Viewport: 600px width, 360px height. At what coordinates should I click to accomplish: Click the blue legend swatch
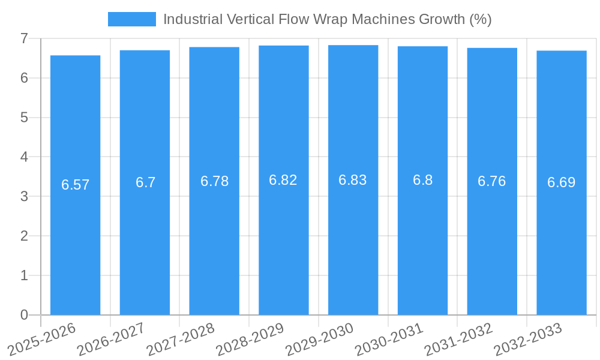[x=131, y=19]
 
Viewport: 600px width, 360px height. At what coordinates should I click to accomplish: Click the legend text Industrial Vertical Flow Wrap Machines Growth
[x=327, y=19]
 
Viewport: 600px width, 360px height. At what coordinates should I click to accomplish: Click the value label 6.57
[x=75, y=185]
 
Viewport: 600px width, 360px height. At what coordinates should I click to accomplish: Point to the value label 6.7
[x=145, y=182]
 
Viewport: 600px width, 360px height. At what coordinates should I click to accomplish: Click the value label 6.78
[x=214, y=181]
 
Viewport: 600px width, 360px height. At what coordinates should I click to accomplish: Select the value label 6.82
[x=283, y=180]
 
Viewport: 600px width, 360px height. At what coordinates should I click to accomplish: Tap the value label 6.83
[x=353, y=180]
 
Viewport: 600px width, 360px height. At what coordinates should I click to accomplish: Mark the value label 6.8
[x=422, y=180]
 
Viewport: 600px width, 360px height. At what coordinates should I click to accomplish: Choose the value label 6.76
[x=491, y=181]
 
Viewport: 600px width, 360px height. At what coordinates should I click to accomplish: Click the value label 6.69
[x=561, y=182]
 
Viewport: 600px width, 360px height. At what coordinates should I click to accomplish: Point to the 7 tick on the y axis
[x=24, y=38]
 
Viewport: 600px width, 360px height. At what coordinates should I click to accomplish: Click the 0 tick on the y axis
[x=24, y=315]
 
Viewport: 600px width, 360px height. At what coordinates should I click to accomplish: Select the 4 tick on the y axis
[x=24, y=157]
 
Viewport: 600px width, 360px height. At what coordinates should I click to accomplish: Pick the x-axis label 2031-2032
[x=458, y=339]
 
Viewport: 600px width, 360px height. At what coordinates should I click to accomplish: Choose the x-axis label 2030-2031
[x=389, y=339]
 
